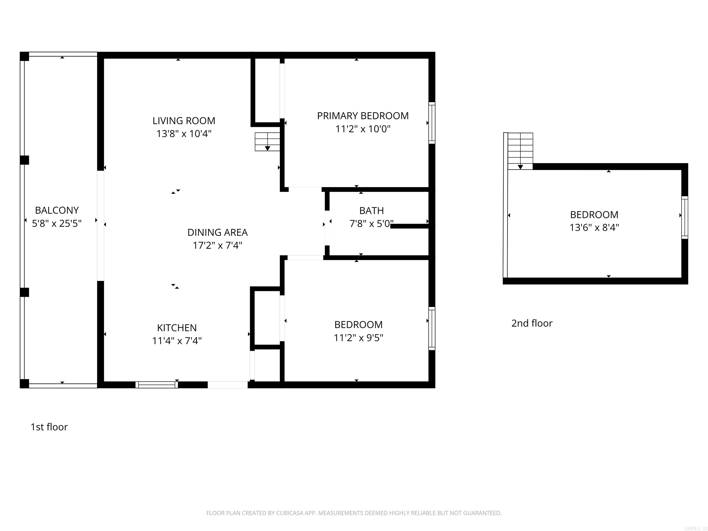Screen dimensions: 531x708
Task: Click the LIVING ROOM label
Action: pyautogui.click(x=184, y=121)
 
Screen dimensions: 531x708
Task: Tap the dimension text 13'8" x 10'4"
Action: pyautogui.click(x=184, y=133)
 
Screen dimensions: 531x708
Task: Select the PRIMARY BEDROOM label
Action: pyautogui.click(x=363, y=116)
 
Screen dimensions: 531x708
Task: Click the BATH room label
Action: pyautogui.click(x=371, y=211)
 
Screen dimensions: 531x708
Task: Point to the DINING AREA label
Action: pyautogui.click(x=217, y=232)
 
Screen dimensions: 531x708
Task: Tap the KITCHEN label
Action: pyautogui.click(x=177, y=328)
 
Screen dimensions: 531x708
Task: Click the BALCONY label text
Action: pyautogui.click(x=57, y=210)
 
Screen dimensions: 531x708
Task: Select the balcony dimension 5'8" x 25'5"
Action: pyautogui.click(x=57, y=223)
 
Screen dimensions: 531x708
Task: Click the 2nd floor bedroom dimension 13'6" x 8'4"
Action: pyautogui.click(x=594, y=227)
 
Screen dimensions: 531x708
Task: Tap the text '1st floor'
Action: pyautogui.click(x=49, y=427)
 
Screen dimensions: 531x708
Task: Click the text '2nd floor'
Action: pyautogui.click(x=532, y=323)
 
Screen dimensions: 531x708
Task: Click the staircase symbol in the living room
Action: pyautogui.click(x=267, y=142)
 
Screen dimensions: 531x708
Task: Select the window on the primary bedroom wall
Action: pyautogui.click(x=432, y=123)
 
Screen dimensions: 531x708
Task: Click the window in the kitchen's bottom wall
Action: pyautogui.click(x=156, y=385)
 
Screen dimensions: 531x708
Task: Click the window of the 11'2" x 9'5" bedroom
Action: pyautogui.click(x=432, y=328)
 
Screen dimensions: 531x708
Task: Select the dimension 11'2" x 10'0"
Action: pyautogui.click(x=363, y=129)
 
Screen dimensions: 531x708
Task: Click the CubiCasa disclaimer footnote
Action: pyautogui.click(x=354, y=513)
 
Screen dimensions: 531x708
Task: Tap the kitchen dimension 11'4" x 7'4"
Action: pyautogui.click(x=177, y=341)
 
